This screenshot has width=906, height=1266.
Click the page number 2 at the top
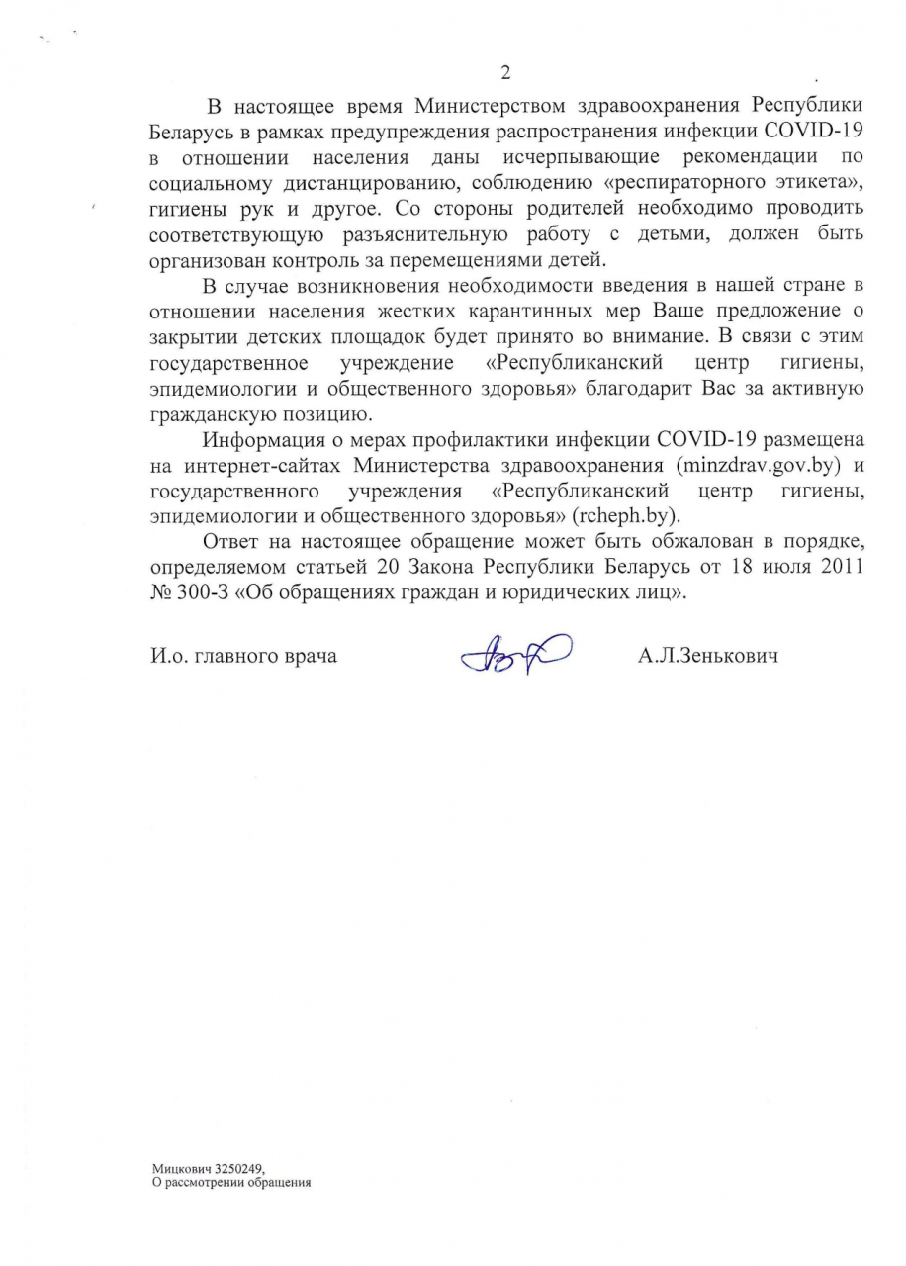coord(505,72)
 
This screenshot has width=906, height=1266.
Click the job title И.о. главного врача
coord(244,656)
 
